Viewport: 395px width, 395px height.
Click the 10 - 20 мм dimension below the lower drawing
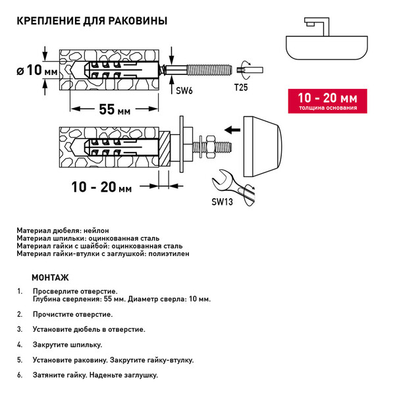tap(102, 188)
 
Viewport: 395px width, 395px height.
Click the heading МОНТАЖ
tap(49, 277)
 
